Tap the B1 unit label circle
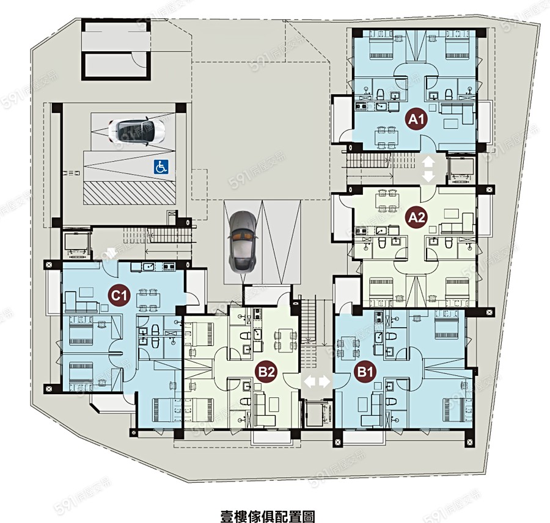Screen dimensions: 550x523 [365, 372]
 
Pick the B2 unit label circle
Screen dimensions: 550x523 [266, 372]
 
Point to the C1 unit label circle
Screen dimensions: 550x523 [119, 296]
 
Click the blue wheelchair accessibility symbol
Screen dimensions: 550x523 [161, 167]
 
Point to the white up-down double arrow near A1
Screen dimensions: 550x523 [428, 170]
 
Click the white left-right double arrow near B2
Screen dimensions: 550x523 [317, 381]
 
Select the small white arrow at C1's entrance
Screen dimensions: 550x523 [112, 253]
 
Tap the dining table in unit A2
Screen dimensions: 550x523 [387, 201]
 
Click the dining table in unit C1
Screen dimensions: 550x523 [148, 299]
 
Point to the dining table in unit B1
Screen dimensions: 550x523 [348, 347]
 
